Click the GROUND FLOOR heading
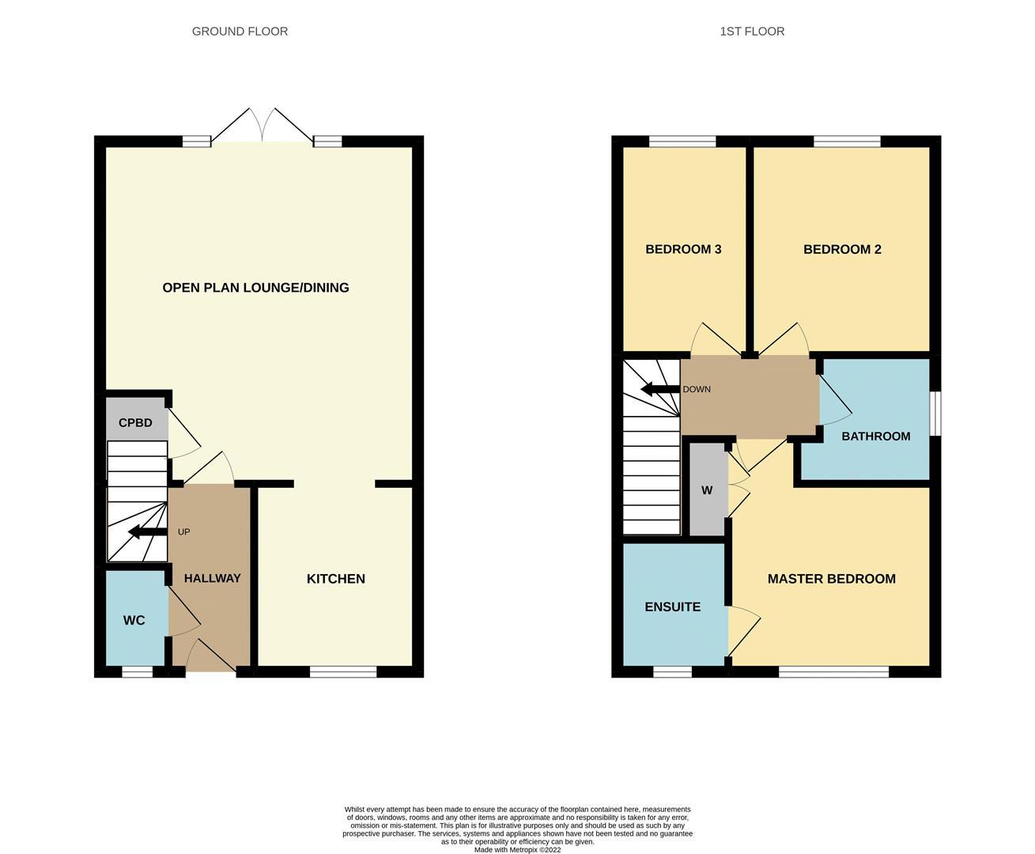240,32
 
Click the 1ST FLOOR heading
752,32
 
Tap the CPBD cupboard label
135,423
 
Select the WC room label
134,621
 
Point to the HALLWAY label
212,579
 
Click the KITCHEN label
336,579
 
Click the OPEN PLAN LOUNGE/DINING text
255,288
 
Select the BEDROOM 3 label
683,250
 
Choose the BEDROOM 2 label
842,250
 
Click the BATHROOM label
875,436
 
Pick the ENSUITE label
673,607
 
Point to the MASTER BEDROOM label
831,579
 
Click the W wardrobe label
707,490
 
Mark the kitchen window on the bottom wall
342,672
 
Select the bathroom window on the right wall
935,413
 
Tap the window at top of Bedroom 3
682,142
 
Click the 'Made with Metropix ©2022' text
517,850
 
